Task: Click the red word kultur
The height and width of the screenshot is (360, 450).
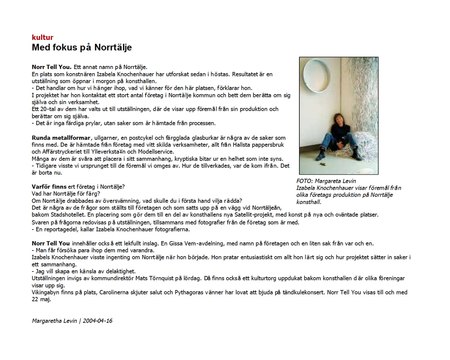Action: click(42, 37)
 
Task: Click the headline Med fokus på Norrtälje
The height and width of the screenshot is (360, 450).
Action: click(82, 48)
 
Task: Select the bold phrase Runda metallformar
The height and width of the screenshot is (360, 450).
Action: click(61, 138)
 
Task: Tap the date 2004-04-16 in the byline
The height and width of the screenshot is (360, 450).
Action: click(97, 321)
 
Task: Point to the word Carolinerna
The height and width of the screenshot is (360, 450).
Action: click(114, 292)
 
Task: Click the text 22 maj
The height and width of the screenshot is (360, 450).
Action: click(41, 299)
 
